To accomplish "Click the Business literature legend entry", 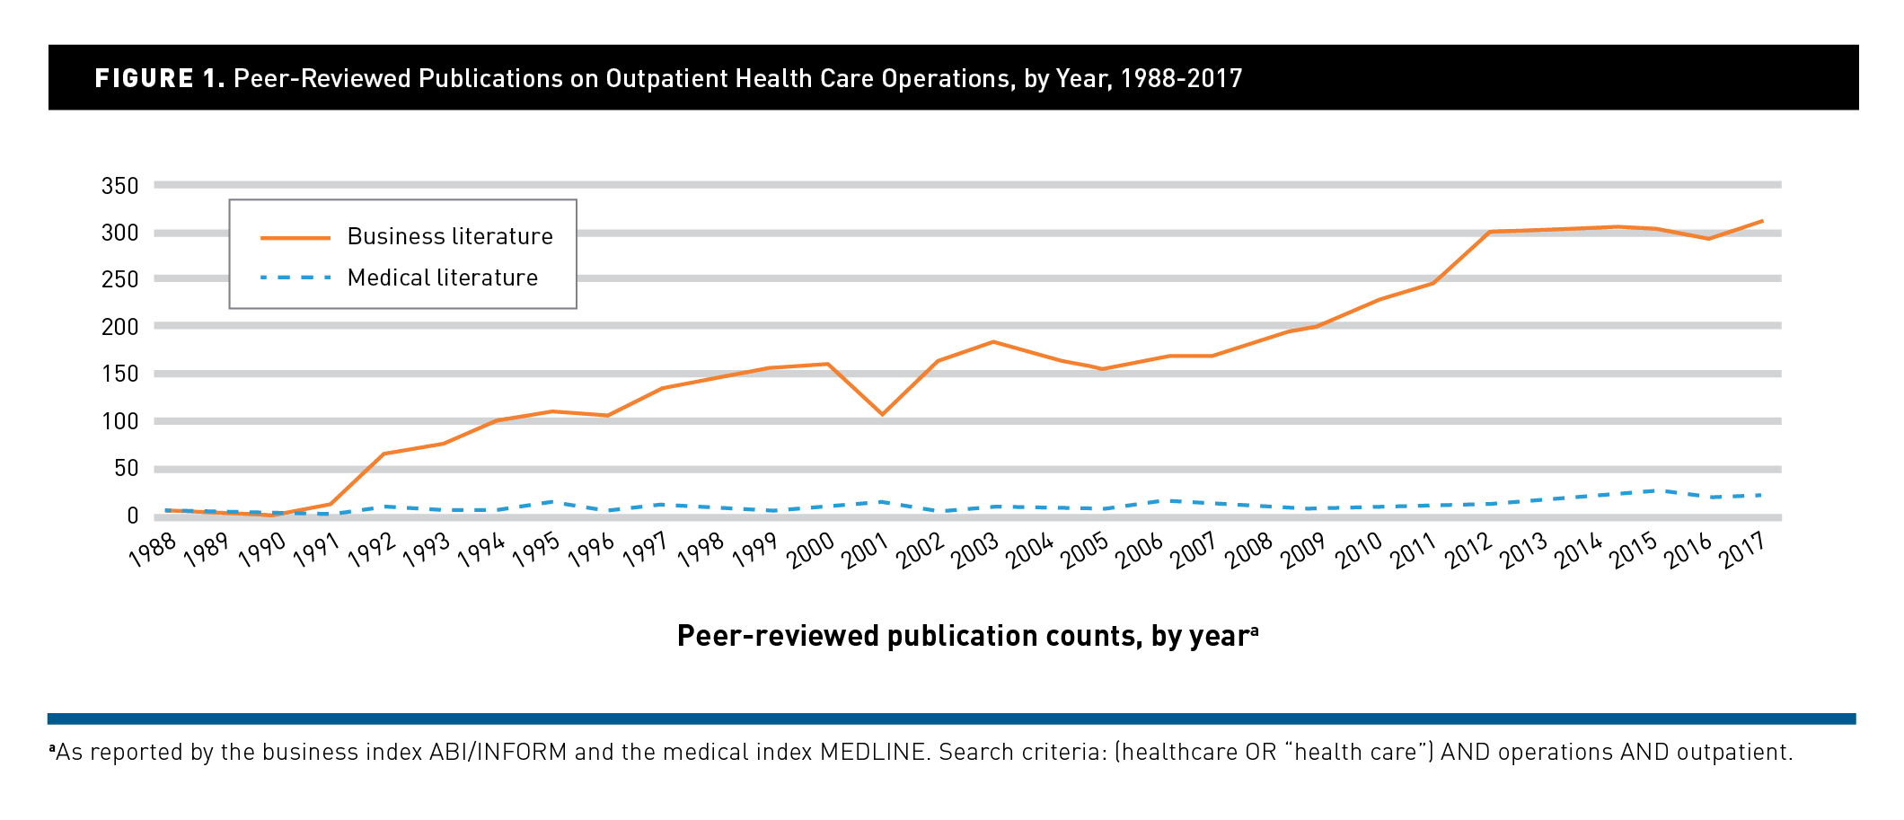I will (x=449, y=237).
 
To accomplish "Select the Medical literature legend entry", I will (x=442, y=278).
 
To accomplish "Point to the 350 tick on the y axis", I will (x=120, y=186).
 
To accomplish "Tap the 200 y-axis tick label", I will (x=120, y=327).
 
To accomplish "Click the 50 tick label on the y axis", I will (x=126, y=468).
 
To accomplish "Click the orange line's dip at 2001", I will (x=882, y=414).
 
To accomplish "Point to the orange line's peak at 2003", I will (x=992, y=342).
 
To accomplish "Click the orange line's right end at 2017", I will (x=1761, y=221).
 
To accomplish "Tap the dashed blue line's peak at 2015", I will (x=1656, y=490).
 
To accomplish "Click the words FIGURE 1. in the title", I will (x=160, y=79).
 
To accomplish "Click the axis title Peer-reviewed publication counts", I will (x=966, y=636).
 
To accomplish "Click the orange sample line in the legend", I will (x=295, y=238).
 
